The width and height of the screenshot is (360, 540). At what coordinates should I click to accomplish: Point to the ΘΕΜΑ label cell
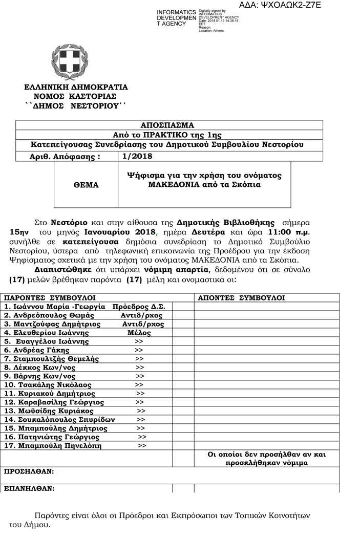86,185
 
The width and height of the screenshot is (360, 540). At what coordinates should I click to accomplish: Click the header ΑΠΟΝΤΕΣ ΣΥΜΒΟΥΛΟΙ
241,297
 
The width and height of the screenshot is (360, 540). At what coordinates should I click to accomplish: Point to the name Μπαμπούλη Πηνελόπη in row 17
53,446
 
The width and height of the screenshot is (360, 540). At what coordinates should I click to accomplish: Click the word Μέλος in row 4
139,333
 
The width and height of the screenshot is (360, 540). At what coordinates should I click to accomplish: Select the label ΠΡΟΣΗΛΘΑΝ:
29,471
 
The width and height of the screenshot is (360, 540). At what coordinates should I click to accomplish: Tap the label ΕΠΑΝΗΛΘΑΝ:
29,488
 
